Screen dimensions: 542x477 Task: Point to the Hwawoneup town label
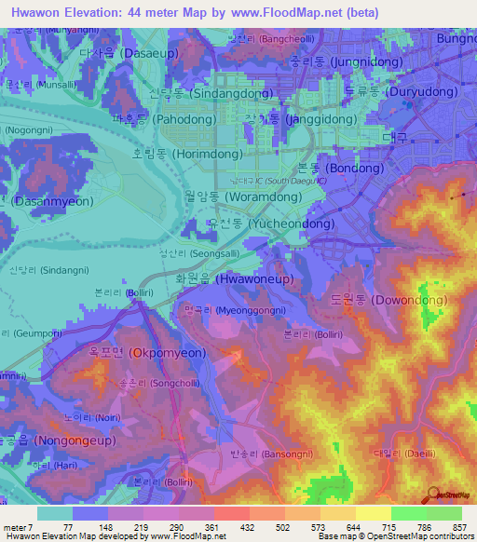click(242, 278)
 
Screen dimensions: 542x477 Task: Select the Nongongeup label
click(42, 440)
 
